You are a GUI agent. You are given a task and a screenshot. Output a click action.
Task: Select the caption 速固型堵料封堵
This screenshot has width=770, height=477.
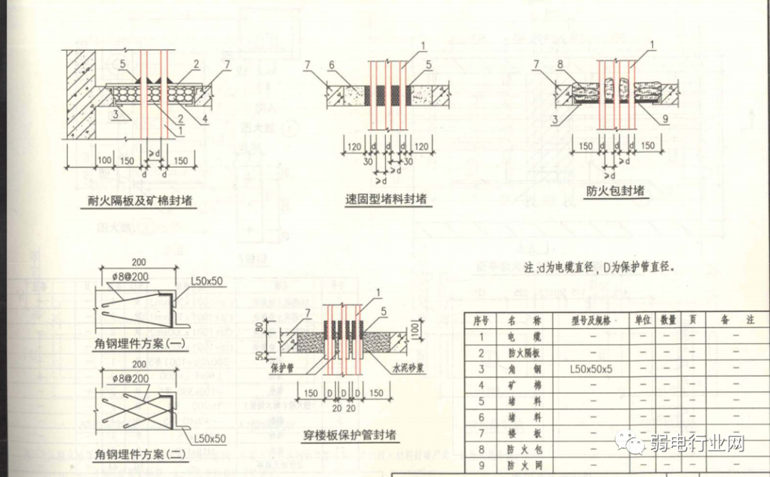[386, 199]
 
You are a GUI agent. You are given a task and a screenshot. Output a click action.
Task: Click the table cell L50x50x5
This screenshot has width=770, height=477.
[591, 369]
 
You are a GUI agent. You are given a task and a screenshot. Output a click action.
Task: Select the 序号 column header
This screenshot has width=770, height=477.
[481, 320]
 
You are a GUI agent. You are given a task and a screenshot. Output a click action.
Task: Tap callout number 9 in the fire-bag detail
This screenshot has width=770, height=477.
[665, 120]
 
